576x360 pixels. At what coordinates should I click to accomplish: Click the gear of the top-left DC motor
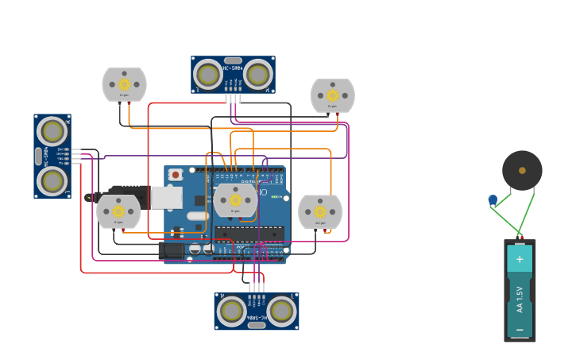(x=124, y=84)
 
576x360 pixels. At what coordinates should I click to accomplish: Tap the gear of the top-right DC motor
(x=332, y=95)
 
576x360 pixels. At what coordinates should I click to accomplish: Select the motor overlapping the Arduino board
(x=235, y=200)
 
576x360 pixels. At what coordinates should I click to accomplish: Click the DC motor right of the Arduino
(x=320, y=211)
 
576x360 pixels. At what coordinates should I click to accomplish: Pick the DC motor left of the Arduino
(x=118, y=211)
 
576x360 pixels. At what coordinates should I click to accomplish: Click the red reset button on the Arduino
(x=176, y=174)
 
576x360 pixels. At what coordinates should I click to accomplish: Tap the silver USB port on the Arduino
(x=166, y=198)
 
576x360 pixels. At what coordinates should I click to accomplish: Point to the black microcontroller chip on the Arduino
(x=249, y=234)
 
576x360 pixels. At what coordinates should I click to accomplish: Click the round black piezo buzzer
(x=522, y=170)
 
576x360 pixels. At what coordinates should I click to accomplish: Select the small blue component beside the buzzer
(x=493, y=200)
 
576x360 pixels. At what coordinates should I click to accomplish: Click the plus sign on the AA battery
(x=520, y=259)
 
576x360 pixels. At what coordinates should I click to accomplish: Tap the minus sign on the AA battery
(x=520, y=328)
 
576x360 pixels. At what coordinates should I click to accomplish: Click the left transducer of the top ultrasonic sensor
(x=208, y=75)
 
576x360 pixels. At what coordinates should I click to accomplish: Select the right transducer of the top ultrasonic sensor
(x=257, y=75)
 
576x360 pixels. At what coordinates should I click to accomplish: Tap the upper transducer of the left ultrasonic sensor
(x=52, y=132)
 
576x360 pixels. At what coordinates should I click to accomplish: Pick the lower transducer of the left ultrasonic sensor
(x=52, y=180)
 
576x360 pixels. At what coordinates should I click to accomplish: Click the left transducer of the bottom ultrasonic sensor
(x=231, y=311)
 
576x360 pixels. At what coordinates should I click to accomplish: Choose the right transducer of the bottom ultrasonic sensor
(x=281, y=311)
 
